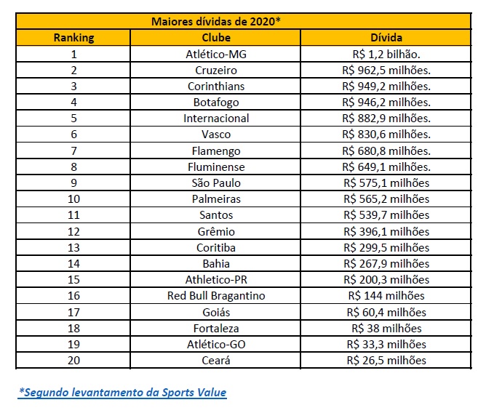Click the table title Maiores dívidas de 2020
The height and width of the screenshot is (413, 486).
[x=216, y=21]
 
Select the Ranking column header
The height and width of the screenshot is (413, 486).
[x=73, y=38]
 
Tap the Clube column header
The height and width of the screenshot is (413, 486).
[x=216, y=38]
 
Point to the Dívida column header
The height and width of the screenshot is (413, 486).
[x=386, y=38]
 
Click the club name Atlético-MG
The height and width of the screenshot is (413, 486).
[x=216, y=55]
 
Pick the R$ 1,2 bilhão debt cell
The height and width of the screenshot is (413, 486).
[x=386, y=55]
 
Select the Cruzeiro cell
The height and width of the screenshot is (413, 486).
[x=216, y=71]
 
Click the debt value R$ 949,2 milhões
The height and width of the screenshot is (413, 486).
[x=386, y=86]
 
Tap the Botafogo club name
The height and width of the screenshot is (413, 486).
[x=216, y=103]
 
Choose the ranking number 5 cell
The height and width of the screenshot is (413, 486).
[x=73, y=119]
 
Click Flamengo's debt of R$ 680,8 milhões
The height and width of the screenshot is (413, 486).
[x=386, y=151]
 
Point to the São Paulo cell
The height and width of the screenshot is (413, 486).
[x=216, y=183]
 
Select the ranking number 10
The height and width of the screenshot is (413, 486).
[x=73, y=199]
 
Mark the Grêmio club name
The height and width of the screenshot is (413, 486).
[x=216, y=231]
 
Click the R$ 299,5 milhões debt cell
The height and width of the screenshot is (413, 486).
[x=386, y=247]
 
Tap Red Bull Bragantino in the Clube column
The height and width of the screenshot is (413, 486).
[x=216, y=296]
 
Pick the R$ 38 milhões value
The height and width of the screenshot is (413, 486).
[x=386, y=328]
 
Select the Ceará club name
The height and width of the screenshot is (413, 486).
[x=216, y=360]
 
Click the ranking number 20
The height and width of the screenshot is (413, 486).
[x=73, y=361]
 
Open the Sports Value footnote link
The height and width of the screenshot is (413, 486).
[x=122, y=392]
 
